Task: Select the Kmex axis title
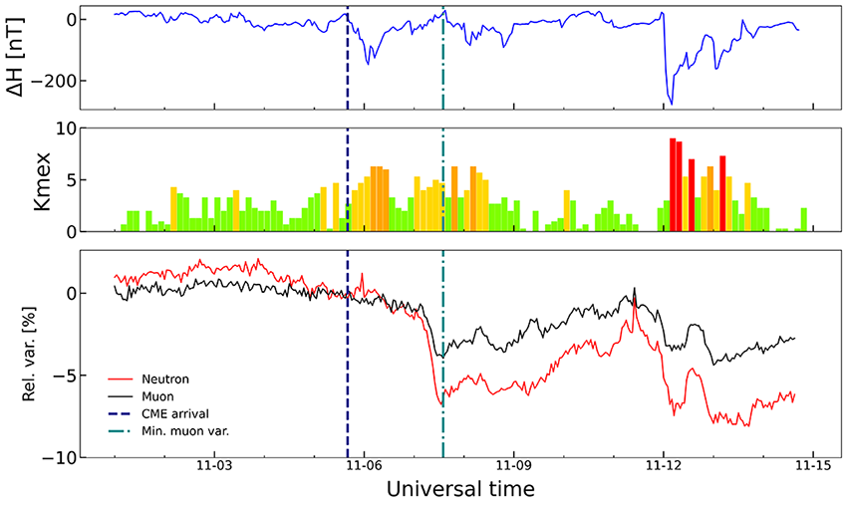(x=18, y=179)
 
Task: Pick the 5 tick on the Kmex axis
(x=69, y=180)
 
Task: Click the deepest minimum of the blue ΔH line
(x=671, y=104)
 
